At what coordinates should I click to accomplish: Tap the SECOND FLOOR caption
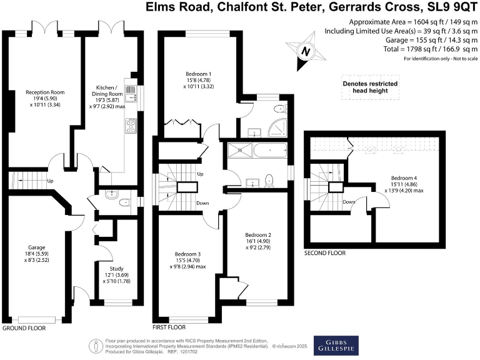(x=324, y=254)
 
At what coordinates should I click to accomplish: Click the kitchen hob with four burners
(x=131, y=126)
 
